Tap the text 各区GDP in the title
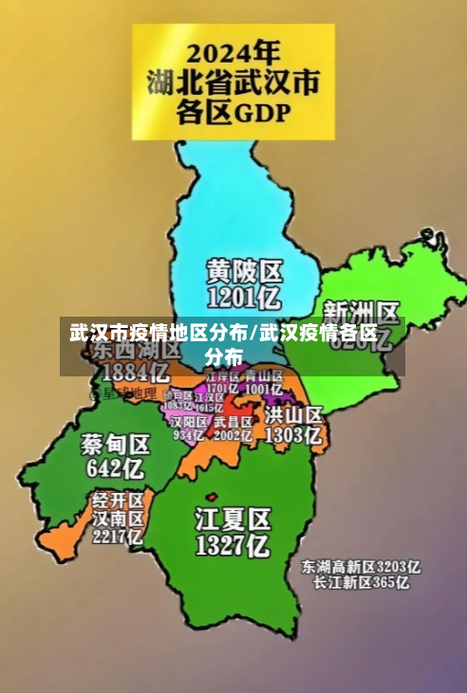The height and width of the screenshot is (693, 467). [x=233, y=113]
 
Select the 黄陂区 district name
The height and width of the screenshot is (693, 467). [x=245, y=271]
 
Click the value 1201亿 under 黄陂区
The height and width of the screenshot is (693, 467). [x=245, y=299]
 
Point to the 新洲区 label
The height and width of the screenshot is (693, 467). [x=362, y=312]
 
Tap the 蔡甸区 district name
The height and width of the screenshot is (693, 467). [x=115, y=444]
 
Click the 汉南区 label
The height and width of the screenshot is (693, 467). [x=118, y=518]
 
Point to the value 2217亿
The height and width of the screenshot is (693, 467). [x=117, y=536]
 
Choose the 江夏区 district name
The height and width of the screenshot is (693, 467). [x=233, y=519]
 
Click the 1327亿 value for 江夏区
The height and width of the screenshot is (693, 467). [x=233, y=545]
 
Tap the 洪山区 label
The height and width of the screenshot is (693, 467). [x=294, y=415]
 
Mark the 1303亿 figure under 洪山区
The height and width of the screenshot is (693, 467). [x=294, y=435]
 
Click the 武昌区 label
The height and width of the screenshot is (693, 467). [x=233, y=421]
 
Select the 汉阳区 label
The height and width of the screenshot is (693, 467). [x=189, y=421]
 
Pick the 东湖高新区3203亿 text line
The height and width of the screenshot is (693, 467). [x=361, y=567]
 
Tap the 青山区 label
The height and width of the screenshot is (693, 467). [x=263, y=377]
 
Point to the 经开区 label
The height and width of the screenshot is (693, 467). [x=118, y=499]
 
